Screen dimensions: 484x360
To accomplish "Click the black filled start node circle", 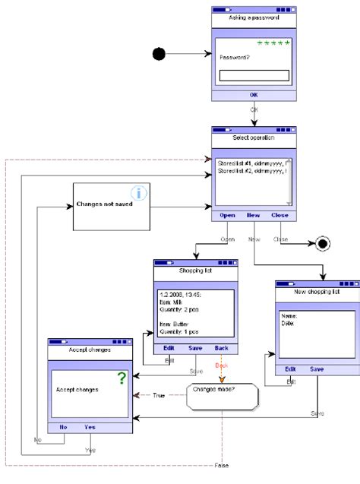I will click(159, 53).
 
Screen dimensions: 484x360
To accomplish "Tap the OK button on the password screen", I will click(253, 94).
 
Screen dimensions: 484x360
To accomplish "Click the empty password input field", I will click(254, 75).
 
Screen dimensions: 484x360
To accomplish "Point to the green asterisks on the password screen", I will click(273, 43).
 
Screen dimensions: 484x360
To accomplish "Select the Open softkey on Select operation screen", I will click(227, 215).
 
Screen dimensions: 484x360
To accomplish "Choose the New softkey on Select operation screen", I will click(253, 215).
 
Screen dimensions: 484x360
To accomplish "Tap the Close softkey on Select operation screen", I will click(279, 215).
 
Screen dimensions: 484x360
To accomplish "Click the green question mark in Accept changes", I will click(122, 378).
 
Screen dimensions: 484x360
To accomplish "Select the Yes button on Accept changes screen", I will click(90, 427).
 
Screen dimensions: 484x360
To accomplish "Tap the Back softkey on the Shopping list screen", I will click(221, 348).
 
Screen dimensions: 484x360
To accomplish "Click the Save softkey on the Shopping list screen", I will click(195, 348).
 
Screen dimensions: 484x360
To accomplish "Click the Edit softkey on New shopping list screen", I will click(290, 369).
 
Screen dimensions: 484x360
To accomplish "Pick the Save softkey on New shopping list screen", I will click(317, 369).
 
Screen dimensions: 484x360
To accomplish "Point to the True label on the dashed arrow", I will click(158, 395).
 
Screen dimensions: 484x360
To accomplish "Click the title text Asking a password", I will click(254, 17).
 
